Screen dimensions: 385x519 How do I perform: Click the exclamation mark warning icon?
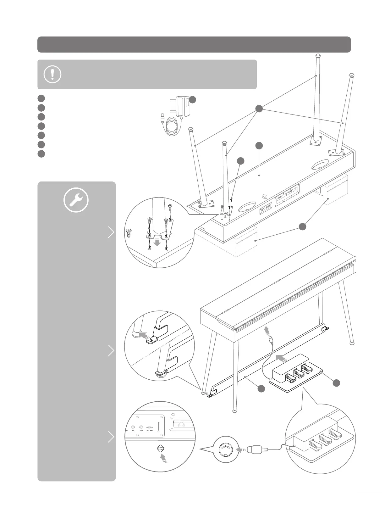tap(52, 74)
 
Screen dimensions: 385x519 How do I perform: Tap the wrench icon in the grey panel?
tap(76, 200)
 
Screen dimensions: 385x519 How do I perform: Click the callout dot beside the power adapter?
tap(193, 100)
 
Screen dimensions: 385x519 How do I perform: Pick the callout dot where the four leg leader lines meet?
tap(259, 109)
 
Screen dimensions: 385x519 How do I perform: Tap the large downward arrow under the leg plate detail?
tap(158, 243)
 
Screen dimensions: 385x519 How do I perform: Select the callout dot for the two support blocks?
tap(302, 226)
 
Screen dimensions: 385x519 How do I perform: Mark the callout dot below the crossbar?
tap(261, 389)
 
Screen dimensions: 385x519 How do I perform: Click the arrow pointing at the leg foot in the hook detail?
tap(143, 335)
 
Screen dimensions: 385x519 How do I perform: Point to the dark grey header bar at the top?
tap(194, 44)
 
